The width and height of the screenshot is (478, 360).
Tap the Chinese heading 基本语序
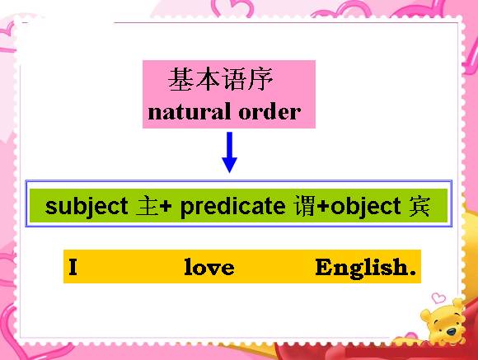tap(220, 79)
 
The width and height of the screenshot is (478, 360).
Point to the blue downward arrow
tap(230, 152)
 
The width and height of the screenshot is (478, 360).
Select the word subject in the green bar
tap(87, 207)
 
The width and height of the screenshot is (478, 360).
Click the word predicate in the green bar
tap(233, 207)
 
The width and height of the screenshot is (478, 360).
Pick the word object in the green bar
tap(366, 207)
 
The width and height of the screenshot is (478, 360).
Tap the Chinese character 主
tap(148, 207)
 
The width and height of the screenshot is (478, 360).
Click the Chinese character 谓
tap(305, 207)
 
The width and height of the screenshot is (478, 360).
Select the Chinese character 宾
tap(419, 207)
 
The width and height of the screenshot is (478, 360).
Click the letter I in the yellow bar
tap(73, 267)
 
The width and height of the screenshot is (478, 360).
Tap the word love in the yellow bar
tap(209, 267)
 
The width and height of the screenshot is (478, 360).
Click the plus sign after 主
tap(166, 207)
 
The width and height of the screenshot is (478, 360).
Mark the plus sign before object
tap(323, 207)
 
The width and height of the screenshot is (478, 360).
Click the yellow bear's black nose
tap(451, 331)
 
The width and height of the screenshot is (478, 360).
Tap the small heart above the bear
tap(438, 297)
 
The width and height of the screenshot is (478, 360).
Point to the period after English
tap(413, 273)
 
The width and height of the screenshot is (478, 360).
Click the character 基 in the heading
tap(181, 79)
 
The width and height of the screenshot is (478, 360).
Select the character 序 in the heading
tap(260, 79)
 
